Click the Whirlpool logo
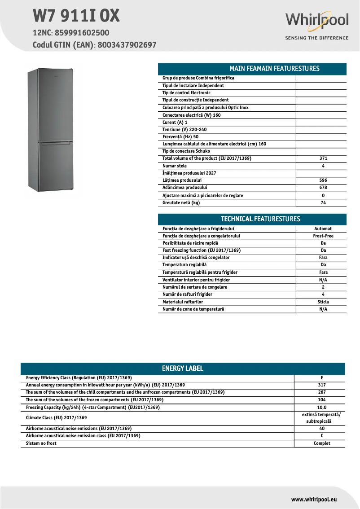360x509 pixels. coord(316,20)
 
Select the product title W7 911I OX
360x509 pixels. coord(76,16)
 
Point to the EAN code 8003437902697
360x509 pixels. coord(127,45)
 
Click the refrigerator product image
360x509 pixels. coord(50,130)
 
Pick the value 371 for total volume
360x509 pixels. coord(323,158)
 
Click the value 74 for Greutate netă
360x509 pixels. coord(323,203)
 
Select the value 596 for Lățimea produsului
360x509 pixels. coord(323,180)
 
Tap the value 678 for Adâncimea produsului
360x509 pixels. coord(323,188)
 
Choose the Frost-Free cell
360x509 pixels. coord(323,236)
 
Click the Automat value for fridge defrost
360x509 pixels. coord(323,228)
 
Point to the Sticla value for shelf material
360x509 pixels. coord(323,302)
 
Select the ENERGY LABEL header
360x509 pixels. coord(183,369)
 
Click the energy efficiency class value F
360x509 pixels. coord(321,378)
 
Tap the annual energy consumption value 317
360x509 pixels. coord(321,385)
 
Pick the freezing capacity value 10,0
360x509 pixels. coord(321,407)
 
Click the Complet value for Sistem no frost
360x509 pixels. coord(321,443)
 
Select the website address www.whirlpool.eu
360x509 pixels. coord(314,499)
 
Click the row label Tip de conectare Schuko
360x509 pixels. coord(186,151)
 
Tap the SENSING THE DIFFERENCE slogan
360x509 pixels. coord(316,38)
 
